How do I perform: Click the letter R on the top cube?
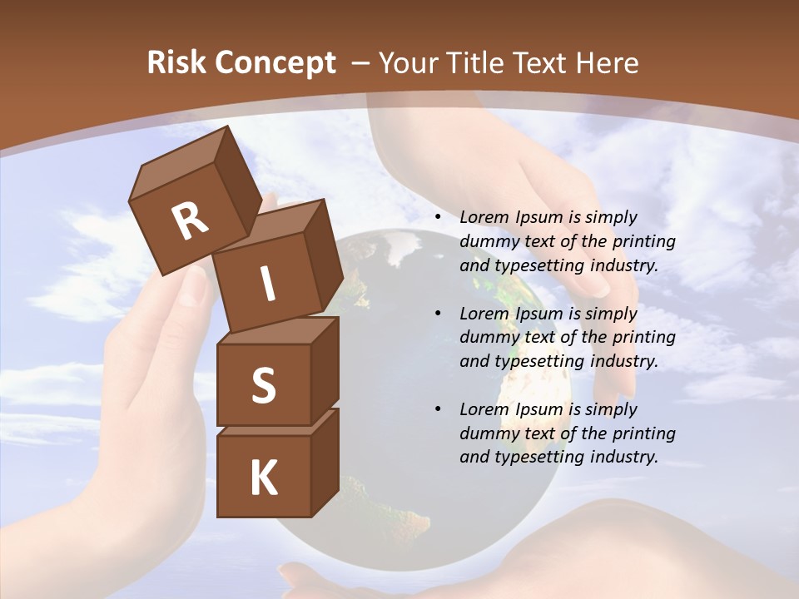coord(191,220)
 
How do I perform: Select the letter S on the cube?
coord(263,386)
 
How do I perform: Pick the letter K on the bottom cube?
coord(264,478)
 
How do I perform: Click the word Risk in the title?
coord(176,62)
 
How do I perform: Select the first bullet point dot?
coord(438,218)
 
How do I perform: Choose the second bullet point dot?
coord(438,314)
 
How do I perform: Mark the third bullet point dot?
coord(438,409)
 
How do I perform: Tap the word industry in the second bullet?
coord(623,361)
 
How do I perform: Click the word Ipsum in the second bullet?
coord(542,313)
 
